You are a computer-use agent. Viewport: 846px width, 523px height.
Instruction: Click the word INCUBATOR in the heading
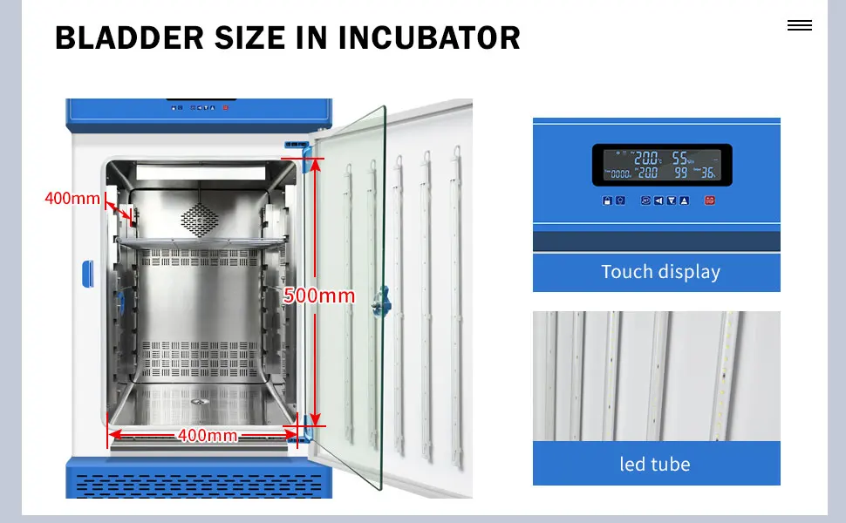pos(429,38)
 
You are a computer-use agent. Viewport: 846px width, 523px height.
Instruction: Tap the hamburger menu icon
pos(799,26)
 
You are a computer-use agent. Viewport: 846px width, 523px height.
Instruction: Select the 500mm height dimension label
pos(319,296)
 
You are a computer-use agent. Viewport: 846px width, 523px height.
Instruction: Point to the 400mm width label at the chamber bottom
pos(207,435)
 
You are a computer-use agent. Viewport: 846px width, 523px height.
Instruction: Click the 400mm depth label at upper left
pos(72,198)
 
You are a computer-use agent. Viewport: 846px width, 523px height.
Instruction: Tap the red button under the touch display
pos(709,200)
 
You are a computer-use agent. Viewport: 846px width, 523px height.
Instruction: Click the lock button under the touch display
pos(606,200)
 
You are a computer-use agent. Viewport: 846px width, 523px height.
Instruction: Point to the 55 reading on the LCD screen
pos(681,159)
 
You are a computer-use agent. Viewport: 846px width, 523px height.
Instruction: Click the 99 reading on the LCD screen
pos(680,173)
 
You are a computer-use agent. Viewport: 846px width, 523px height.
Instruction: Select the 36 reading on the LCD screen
pos(707,173)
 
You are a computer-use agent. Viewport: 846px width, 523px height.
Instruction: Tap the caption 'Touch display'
pos(660,272)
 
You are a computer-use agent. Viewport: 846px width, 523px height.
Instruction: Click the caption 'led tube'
pos(654,464)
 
